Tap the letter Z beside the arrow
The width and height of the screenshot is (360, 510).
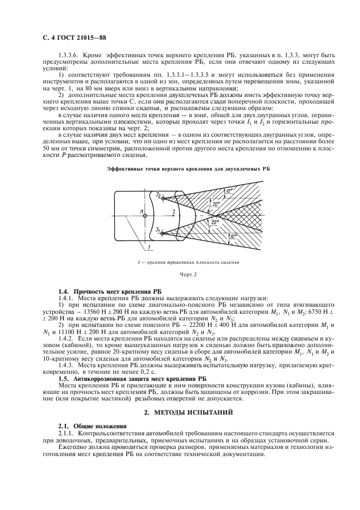[174, 210]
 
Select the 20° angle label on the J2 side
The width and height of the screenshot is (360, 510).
[200, 203]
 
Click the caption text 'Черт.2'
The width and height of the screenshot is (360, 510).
[180, 276]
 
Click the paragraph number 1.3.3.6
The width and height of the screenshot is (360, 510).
[69, 54]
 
